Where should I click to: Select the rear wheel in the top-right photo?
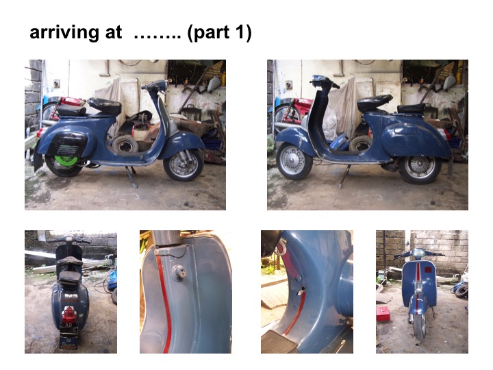coord(418,166)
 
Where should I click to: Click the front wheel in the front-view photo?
coord(420,326)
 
